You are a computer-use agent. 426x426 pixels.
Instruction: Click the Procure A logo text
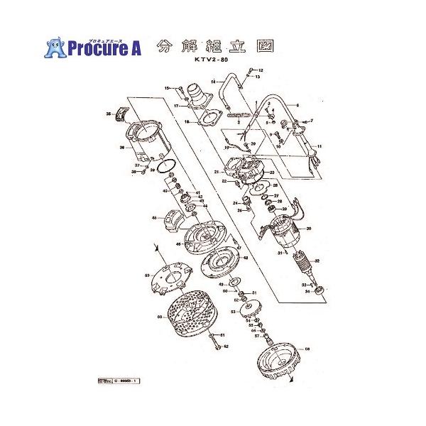(x=105, y=48)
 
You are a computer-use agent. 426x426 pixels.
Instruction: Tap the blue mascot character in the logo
(x=55, y=46)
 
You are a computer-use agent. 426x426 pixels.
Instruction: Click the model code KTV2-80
(x=213, y=62)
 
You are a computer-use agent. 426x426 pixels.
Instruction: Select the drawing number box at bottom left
(x=118, y=381)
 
